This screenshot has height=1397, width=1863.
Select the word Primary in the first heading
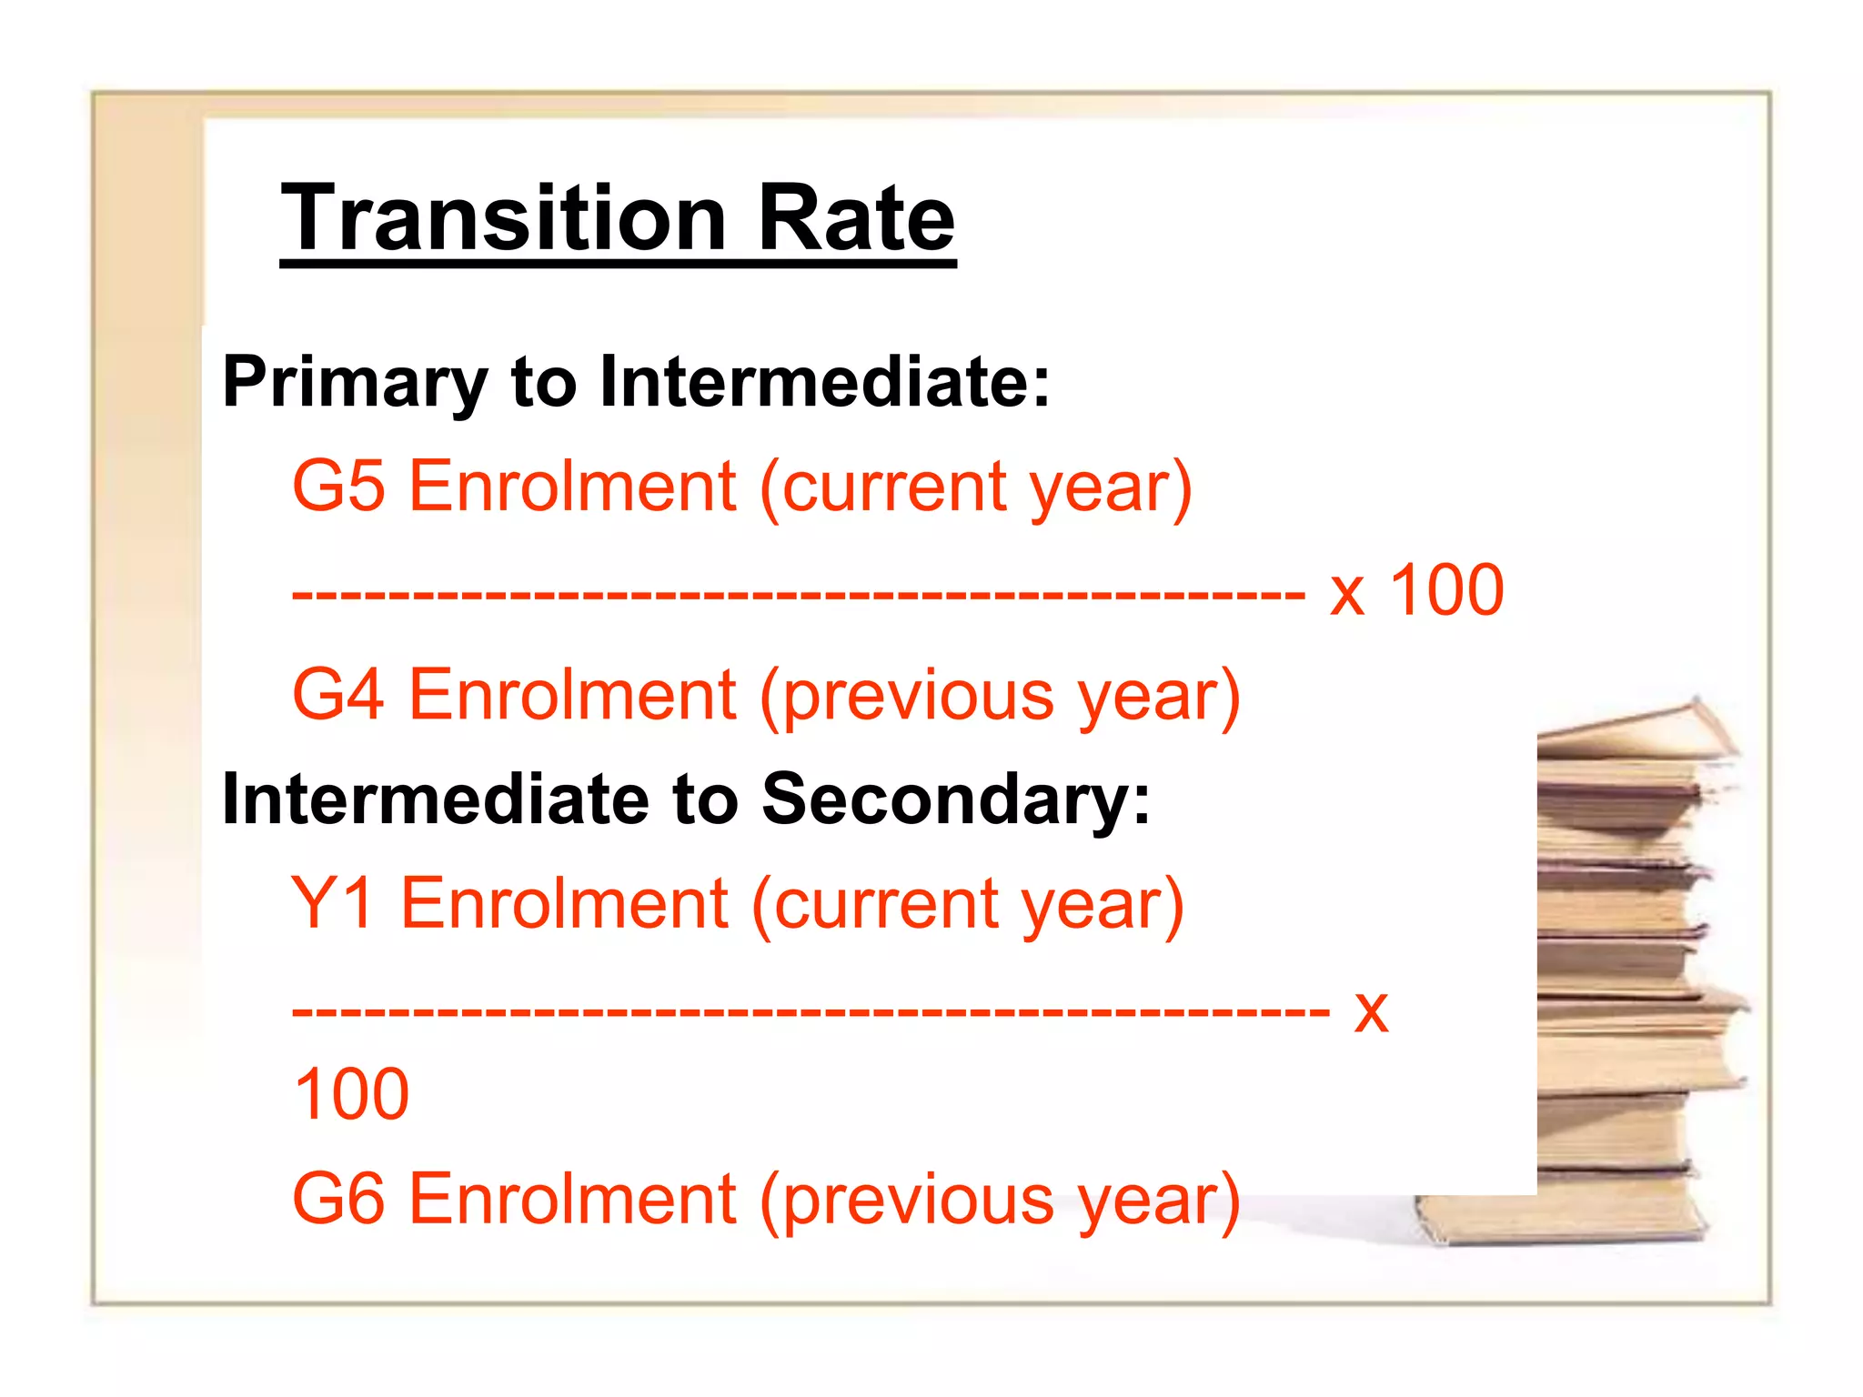click(355, 383)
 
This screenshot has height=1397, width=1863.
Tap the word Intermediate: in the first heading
click(824, 381)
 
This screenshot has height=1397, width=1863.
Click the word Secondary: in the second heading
click(955, 799)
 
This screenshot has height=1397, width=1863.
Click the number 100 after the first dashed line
click(1446, 590)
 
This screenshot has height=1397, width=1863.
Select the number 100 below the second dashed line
click(352, 1094)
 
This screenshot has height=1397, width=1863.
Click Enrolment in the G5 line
click(573, 486)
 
